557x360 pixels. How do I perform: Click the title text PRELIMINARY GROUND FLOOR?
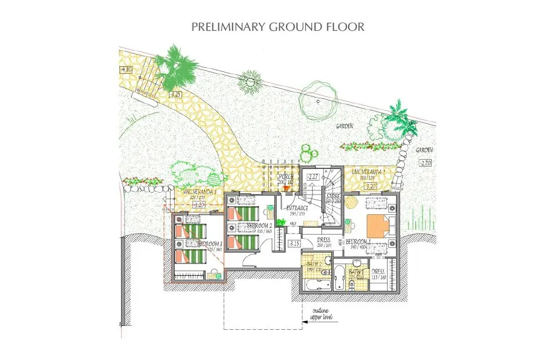(278, 27)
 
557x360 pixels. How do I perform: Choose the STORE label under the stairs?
(333, 197)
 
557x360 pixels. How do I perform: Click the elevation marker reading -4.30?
(126, 70)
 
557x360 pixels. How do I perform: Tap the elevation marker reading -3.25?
(176, 94)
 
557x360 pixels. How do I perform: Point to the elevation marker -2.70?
(425, 163)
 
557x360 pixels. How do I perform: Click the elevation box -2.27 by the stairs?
(313, 177)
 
